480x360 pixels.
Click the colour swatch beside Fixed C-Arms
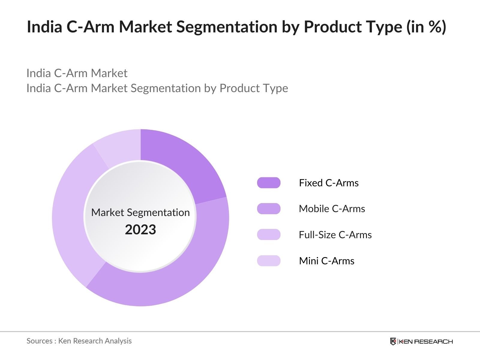268,183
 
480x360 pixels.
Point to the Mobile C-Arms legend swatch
268,208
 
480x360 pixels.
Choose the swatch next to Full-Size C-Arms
268,235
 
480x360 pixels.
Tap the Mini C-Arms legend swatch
268,261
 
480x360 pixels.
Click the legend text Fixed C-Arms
328,183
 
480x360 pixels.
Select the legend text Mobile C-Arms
332,208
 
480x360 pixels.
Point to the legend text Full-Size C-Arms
335,235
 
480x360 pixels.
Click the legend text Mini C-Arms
326,261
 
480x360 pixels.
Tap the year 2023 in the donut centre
140,229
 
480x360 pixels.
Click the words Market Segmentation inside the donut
140,212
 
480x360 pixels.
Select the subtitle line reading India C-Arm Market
77,73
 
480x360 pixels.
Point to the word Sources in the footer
39,341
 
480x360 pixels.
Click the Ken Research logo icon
393,341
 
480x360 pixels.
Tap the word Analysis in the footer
119,341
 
